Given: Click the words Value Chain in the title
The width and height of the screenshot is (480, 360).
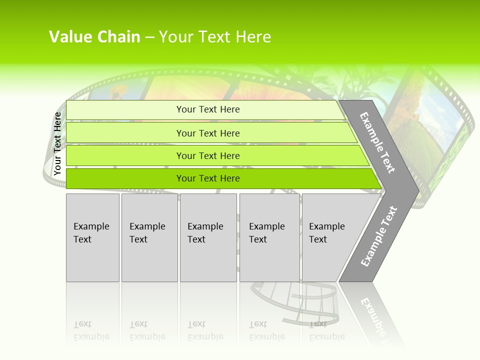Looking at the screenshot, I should pyautogui.click(x=94, y=37).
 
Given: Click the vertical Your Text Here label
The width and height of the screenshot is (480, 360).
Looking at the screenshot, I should pyautogui.click(x=57, y=143).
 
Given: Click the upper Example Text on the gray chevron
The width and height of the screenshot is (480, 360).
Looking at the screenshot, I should pyautogui.click(x=377, y=142).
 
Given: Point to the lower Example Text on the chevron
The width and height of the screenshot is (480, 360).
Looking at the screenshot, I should pyautogui.click(x=378, y=236).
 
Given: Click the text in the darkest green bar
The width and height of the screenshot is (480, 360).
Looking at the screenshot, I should pyautogui.click(x=208, y=178).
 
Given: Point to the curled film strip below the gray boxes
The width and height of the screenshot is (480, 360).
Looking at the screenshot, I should pyautogui.click(x=295, y=302).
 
